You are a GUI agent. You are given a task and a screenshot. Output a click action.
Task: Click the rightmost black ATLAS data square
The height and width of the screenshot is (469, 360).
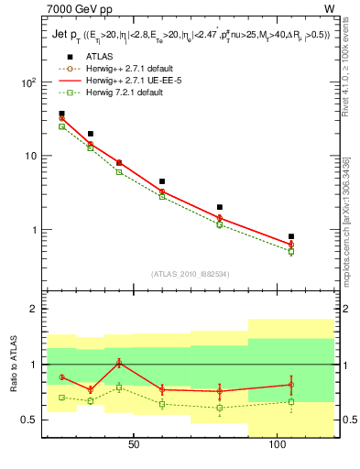coord(291,236)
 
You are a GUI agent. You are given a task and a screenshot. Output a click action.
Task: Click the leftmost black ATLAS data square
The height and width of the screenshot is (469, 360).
coord(62,114)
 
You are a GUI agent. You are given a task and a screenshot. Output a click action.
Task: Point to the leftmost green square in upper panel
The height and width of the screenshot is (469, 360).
coord(62,126)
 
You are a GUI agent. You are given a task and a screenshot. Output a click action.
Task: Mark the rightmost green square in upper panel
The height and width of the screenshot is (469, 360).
coord(291,251)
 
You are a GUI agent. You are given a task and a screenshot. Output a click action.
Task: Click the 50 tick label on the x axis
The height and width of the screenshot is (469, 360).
coord(134,444)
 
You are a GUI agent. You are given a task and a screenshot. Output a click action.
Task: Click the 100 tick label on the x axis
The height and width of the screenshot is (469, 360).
coord(277,444)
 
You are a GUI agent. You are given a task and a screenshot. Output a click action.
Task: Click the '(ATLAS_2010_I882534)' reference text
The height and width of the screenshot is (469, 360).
coord(191,273)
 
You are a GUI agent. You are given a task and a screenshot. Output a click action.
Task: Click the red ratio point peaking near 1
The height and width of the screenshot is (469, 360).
coord(119,363)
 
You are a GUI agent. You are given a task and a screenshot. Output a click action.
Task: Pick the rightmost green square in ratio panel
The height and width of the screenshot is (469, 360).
coord(291,401)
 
